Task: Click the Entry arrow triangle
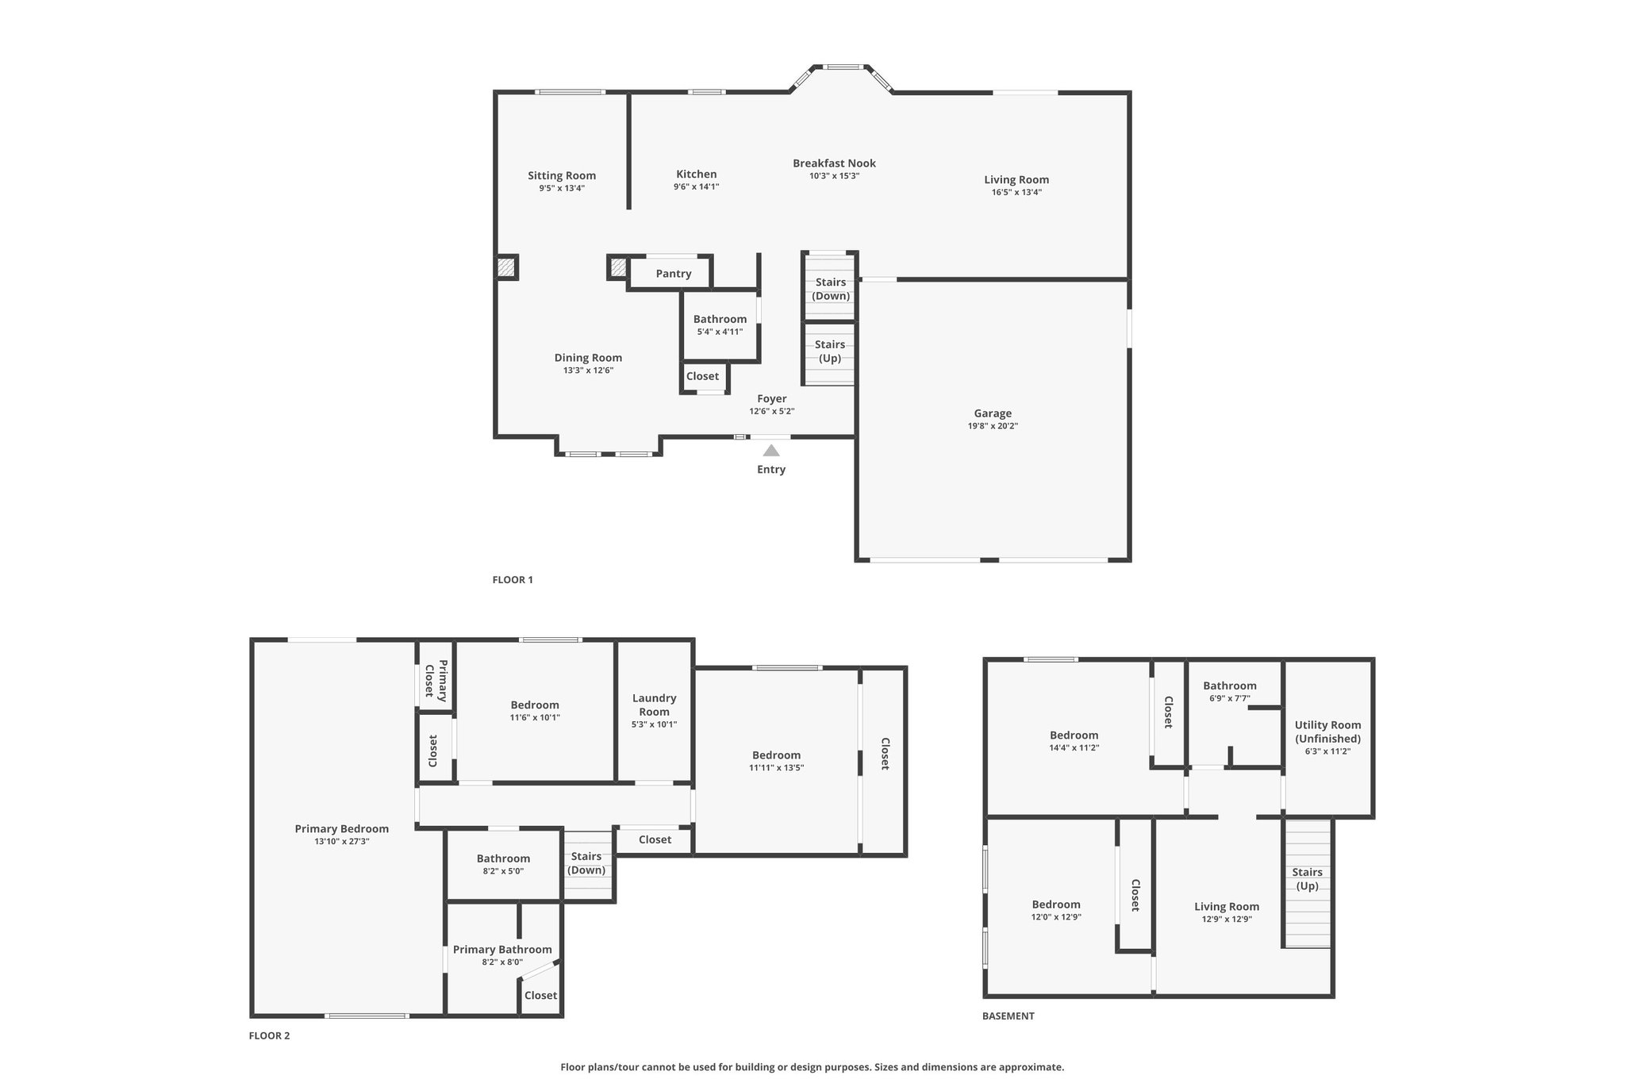pos(771,451)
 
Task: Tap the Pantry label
pos(674,274)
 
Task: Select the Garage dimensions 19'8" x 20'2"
pos(993,426)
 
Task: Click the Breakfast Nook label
pos(834,163)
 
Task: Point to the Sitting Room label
pos(562,176)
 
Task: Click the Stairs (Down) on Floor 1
pos(831,289)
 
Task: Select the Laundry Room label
pos(655,705)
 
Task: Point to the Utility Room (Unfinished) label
pos(1327,732)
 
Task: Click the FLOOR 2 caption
pos(270,1035)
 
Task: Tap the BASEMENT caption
pos(1008,1016)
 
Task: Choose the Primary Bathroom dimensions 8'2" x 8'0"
pos(502,962)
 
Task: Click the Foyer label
pos(772,399)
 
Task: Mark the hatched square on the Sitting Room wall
pos(506,267)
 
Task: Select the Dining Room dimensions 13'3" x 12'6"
pos(588,371)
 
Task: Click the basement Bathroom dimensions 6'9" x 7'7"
pos(1230,699)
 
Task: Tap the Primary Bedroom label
pos(342,829)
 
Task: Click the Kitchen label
pos(697,175)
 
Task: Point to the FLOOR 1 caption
pos(513,580)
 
